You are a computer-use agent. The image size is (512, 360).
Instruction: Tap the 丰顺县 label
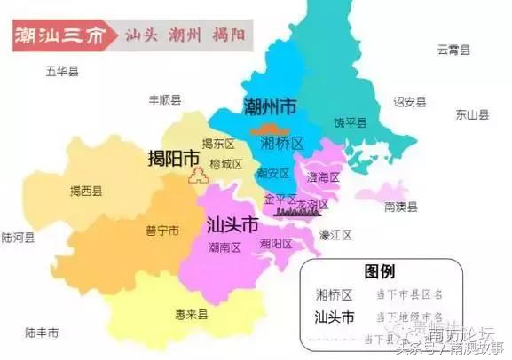click(x=165, y=100)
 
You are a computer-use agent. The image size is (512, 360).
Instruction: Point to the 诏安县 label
click(x=409, y=102)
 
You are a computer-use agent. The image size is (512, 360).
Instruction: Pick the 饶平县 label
click(x=351, y=122)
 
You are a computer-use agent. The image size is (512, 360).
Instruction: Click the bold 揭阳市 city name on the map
click(x=174, y=159)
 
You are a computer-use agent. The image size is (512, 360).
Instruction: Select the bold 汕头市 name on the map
click(x=232, y=223)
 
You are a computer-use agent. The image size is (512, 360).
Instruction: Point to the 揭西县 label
click(x=86, y=191)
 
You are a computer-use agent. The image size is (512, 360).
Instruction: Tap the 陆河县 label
click(x=18, y=238)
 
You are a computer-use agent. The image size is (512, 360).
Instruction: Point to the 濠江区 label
click(x=335, y=236)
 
